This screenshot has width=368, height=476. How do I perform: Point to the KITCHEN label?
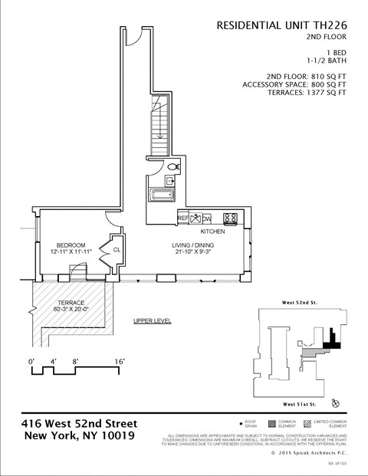pos(212,231)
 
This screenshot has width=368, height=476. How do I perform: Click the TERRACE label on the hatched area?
pos(71,303)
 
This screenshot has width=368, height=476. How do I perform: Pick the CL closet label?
pos(117,250)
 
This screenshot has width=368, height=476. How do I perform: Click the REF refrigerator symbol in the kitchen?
pos(182,218)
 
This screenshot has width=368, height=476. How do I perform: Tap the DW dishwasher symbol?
pos(206,218)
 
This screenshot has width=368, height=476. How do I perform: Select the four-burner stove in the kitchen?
pos(231,218)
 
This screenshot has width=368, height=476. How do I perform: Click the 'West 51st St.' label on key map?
pos(300,403)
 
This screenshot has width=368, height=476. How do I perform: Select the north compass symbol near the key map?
pos(335,402)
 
